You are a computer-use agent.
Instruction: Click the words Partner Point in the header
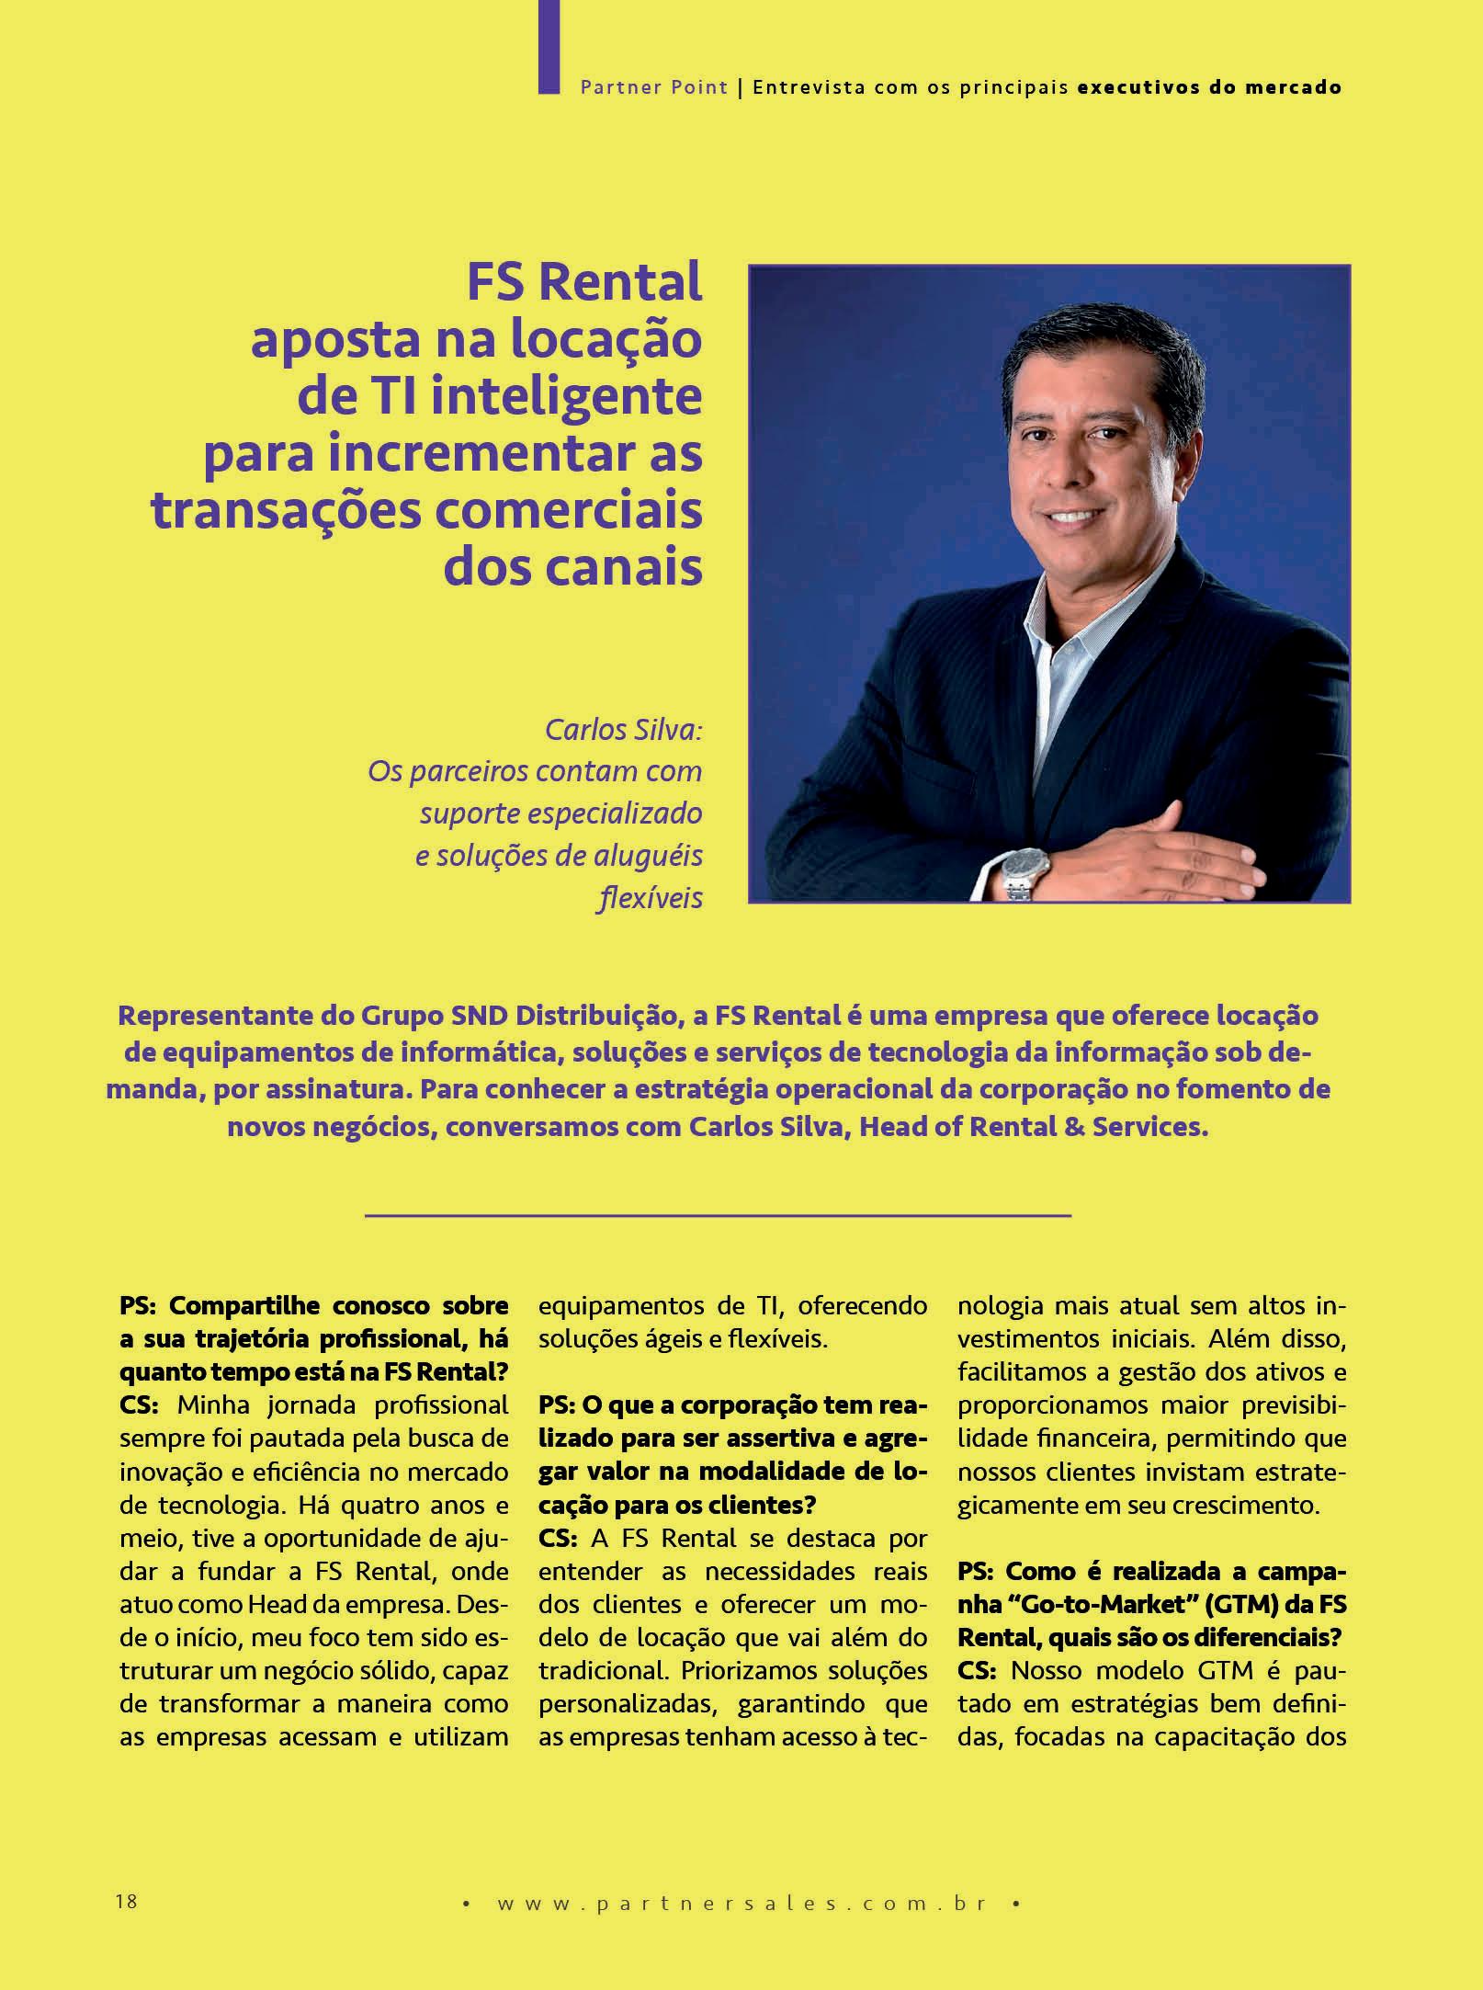(653, 87)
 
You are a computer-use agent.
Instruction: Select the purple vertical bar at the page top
(549, 46)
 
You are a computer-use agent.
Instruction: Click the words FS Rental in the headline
(584, 281)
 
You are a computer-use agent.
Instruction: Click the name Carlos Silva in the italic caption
(623, 729)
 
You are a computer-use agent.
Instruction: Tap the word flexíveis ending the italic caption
(651, 897)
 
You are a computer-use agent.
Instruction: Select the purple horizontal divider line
(718, 1216)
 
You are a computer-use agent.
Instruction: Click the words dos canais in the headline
(572, 567)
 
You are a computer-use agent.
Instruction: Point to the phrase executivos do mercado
(1209, 87)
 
